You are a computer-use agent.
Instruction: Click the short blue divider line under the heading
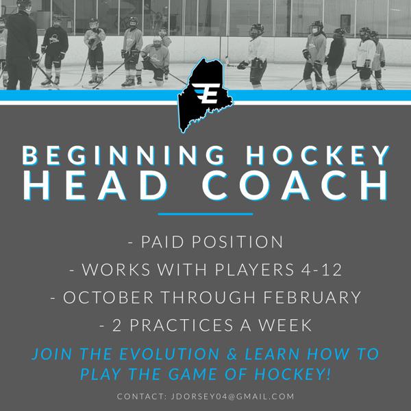[205, 215]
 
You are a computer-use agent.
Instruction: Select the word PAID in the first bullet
[164, 242]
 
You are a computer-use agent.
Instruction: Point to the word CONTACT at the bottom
[140, 397]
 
